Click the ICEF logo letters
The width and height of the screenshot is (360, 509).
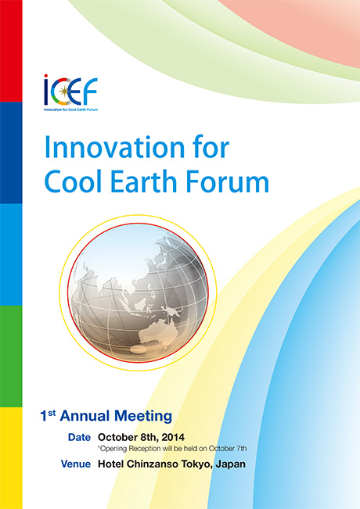point(71,90)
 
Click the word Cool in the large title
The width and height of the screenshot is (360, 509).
point(74,181)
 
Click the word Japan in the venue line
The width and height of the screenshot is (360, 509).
point(230,464)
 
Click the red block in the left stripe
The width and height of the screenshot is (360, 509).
point(11,51)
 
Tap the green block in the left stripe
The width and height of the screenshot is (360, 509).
point(11,356)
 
